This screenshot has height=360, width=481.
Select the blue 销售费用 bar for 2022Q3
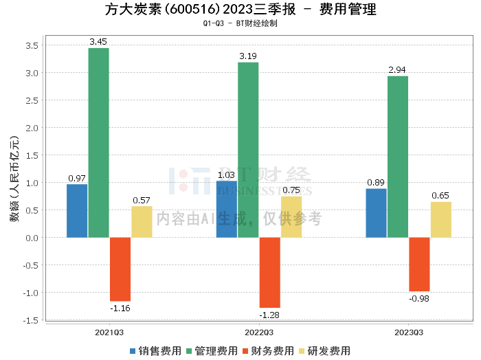[226, 210]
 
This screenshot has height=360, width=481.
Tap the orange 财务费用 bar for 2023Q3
[419, 265]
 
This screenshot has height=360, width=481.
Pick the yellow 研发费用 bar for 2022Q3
[291, 217]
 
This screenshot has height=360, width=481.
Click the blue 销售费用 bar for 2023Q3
[376, 213]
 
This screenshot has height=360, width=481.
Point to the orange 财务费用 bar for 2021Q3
[120, 269]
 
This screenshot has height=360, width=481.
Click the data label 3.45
[98, 42]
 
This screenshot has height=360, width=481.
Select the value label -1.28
[269, 315]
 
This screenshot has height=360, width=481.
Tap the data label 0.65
[440, 196]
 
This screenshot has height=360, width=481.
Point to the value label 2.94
[398, 70]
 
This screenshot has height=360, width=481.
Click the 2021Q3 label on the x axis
[109, 333]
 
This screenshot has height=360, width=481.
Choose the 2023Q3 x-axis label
[408, 333]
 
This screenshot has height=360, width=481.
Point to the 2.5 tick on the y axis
[31, 100]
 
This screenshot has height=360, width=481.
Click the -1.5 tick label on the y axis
[30, 320]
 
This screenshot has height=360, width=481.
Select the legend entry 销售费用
[155, 350]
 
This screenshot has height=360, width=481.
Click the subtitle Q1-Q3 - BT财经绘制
[240, 23]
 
